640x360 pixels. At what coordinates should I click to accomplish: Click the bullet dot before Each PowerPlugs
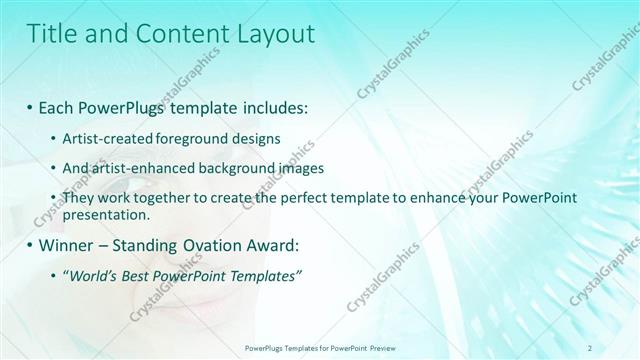(x=31, y=107)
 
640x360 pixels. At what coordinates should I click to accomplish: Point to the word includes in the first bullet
(x=272, y=107)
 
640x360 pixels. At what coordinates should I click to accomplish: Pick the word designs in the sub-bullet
(x=254, y=138)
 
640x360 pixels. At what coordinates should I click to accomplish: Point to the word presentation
(x=105, y=214)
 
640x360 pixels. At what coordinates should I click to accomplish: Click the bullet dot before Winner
(x=31, y=245)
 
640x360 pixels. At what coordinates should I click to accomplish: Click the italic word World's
(x=92, y=276)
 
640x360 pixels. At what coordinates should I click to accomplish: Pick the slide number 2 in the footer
(x=590, y=348)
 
